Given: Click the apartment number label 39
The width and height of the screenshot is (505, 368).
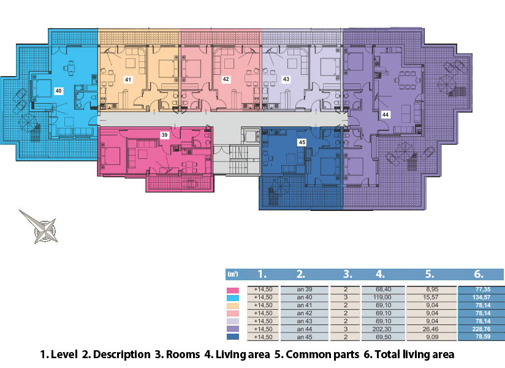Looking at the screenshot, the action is tap(165, 135).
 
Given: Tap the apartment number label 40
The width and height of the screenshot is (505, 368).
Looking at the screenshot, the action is tap(58, 91).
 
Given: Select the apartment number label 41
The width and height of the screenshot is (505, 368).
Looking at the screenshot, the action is tap(128, 80).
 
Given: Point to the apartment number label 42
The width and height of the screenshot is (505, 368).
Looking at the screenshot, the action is tap(226, 79).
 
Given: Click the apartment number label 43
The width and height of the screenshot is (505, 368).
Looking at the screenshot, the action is tap(286, 79).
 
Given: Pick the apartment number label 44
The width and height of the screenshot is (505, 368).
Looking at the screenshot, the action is tap(385, 115).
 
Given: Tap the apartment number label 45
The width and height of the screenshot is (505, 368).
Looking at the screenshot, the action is tap(302, 142).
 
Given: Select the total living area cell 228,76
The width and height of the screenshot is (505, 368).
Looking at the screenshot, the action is tap(481, 329).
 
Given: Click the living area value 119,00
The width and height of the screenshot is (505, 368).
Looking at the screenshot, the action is tap(383, 297).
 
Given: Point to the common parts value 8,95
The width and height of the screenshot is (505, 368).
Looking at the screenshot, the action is tap(431, 289).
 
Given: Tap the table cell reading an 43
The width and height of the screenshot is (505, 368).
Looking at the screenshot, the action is tap(305, 321).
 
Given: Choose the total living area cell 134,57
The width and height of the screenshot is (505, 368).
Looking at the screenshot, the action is tap(481, 297).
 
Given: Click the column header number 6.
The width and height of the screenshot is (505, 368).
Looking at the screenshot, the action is tap(479, 274).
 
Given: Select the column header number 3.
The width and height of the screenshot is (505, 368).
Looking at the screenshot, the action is tap(347, 274).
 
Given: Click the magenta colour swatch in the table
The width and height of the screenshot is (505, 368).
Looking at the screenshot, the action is tap(233, 290).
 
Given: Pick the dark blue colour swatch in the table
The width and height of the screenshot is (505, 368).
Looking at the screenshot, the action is tap(233, 337).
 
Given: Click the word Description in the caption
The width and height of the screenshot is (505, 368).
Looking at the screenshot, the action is tap(122, 355).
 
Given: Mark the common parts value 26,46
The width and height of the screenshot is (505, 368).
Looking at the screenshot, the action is tap(431, 329).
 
